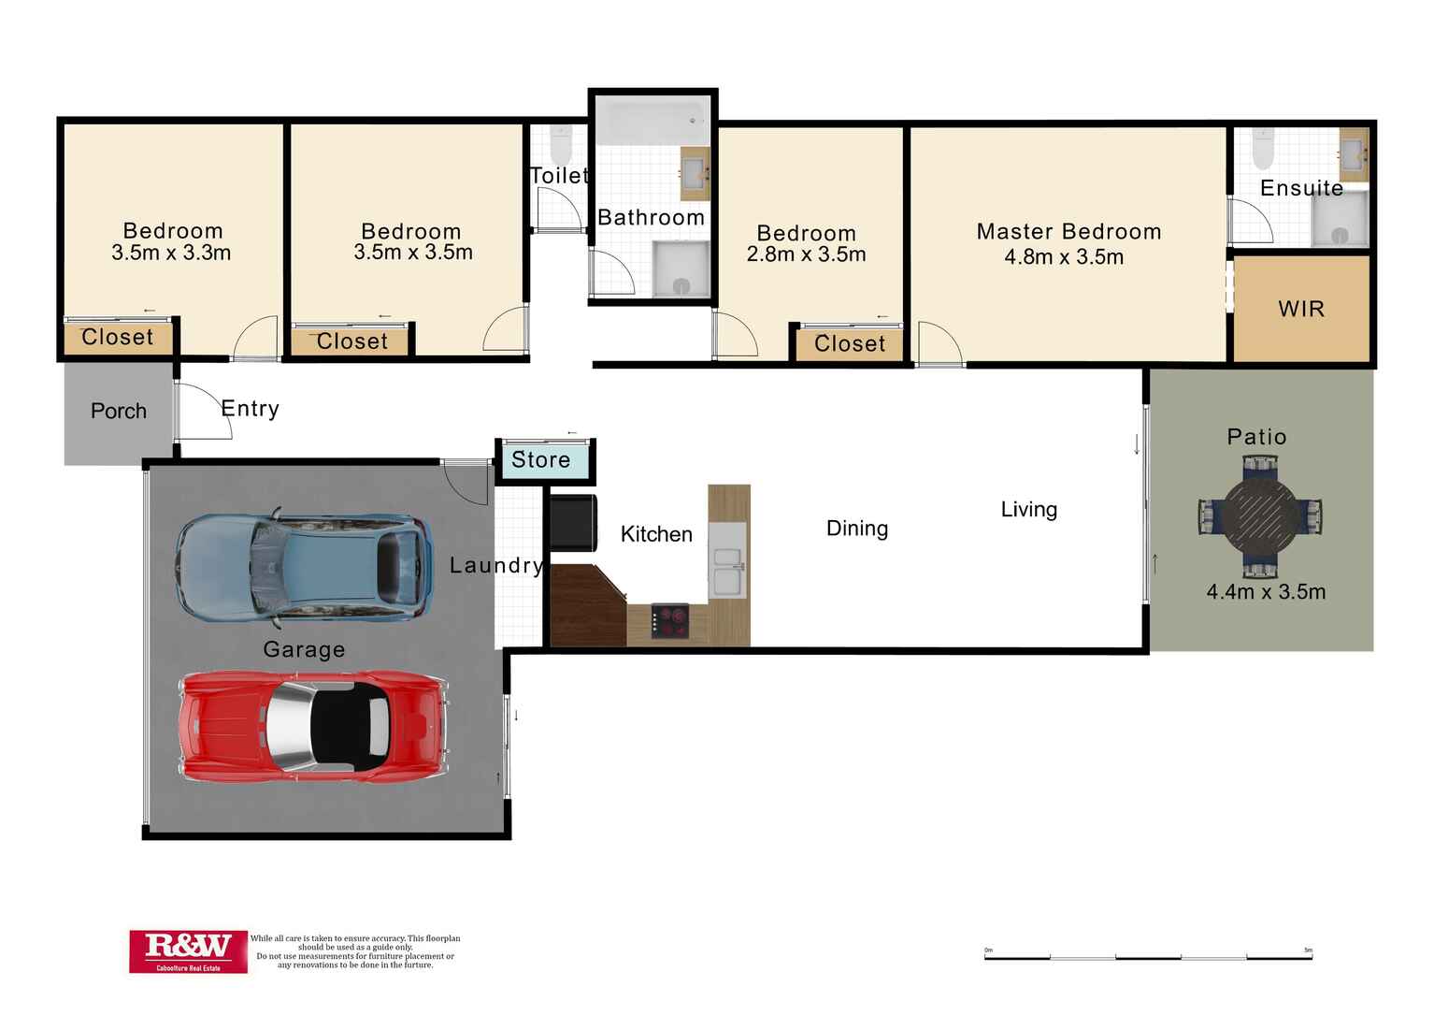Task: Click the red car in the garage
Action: [x=314, y=726]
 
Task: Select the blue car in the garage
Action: [x=305, y=568]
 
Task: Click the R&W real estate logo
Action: [x=188, y=951]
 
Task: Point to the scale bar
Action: [x=1148, y=957]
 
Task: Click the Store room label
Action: [x=541, y=460]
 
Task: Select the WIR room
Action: [x=1301, y=309]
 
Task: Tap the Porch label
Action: [x=119, y=412]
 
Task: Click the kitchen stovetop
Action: [x=670, y=622]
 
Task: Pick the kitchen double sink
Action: [x=728, y=570]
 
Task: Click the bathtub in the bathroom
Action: [x=652, y=123]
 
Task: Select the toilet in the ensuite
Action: [x=1263, y=147]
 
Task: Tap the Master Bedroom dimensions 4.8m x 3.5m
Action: [x=1064, y=257]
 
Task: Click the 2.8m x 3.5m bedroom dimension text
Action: [x=806, y=254]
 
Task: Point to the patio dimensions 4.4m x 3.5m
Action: [x=1266, y=591]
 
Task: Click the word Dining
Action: [x=857, y=529]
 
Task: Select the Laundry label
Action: [x=495, y=565]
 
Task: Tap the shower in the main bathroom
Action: [x=681, y=270]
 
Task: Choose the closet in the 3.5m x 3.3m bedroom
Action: [x=118, y=338]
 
